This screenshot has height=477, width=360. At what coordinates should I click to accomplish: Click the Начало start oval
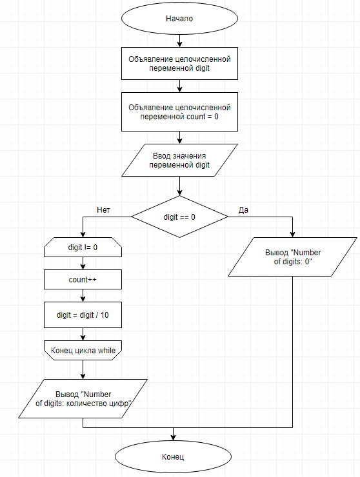[x=179, y=19]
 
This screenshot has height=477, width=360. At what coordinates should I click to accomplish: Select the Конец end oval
[x=172, y=456]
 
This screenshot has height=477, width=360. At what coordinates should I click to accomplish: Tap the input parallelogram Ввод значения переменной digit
[x=179, y=160]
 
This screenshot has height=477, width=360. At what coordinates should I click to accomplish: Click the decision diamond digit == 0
[x=179, y=217]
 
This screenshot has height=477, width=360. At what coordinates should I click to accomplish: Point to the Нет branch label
[x=104, y=210]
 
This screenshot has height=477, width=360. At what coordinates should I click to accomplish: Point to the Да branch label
[x=243, y=210]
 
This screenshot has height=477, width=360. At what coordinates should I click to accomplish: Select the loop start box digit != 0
[x=83, y=247]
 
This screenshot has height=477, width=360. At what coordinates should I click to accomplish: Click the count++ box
[x=83, y=280]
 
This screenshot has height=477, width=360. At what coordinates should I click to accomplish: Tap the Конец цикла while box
[x=83, y=350]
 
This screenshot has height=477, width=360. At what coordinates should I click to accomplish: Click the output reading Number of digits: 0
[x=292, y=257]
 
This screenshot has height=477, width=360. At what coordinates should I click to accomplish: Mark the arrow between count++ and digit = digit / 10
[x=83, y=296]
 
